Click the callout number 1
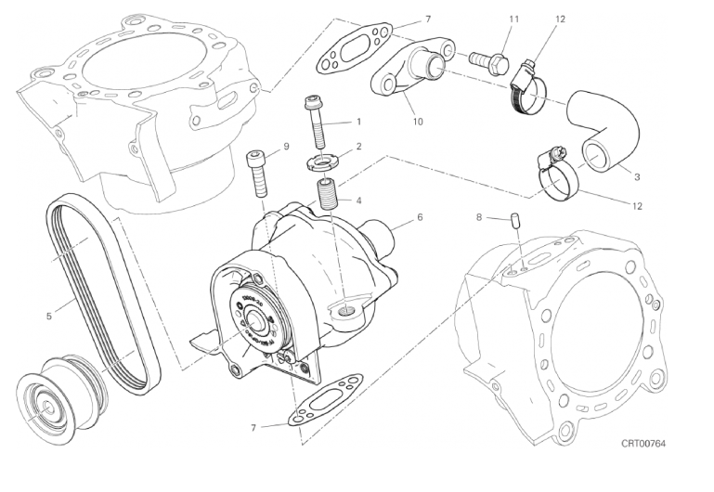click(357, 122)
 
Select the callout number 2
click(357, 146)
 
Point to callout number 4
click(357, 200)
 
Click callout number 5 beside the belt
click(48, 316)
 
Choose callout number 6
click(420, 217)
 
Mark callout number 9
click(286, 146)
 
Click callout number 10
click(418, 121)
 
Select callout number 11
click(513, 19)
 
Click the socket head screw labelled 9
click(257, 174)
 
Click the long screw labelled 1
click(313, 122)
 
